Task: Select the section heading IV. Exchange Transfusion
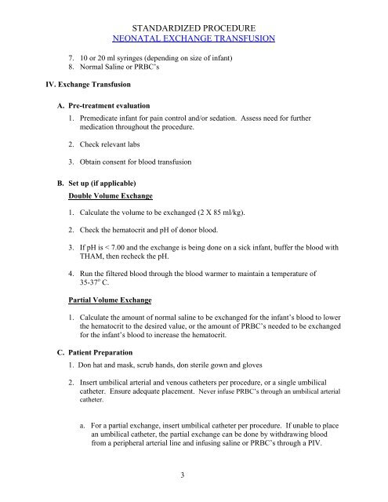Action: [x=74, y=78]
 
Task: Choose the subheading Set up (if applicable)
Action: [x=109, y=184]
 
